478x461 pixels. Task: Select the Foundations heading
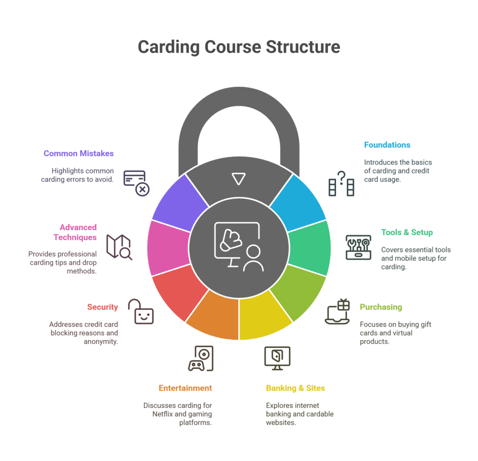pos(387,145)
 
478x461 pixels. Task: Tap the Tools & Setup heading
pos(407,232)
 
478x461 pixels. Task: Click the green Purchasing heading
pos(380,307)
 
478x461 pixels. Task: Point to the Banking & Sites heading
pos(295,388)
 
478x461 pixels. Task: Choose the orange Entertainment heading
pos(185,388)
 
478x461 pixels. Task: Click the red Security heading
pos(102,307)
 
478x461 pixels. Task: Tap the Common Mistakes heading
pos(78,153)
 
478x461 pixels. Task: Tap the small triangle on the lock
pos(239,179)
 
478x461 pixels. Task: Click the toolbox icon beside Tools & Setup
pos(358,247)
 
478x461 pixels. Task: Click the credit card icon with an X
pos(136,183)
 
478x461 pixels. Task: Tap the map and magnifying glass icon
pos(119,247)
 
